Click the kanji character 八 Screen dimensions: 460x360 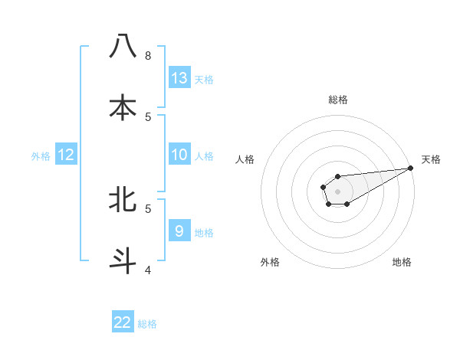123,47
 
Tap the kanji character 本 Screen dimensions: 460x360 123,107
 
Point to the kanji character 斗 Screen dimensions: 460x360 123,260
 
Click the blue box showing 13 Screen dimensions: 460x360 179,77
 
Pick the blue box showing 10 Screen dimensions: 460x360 179,155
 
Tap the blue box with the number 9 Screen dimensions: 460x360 179,231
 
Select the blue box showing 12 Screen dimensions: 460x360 66,155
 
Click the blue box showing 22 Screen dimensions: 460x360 123,322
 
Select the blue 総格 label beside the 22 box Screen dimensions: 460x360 147,324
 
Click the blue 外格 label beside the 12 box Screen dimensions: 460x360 41,156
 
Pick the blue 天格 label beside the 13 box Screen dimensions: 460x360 204,79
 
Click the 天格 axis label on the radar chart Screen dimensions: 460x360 431,159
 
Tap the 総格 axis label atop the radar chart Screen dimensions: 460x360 338,100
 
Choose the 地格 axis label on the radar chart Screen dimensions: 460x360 402,262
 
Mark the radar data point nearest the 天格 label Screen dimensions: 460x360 411,168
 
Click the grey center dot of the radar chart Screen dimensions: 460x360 337,191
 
